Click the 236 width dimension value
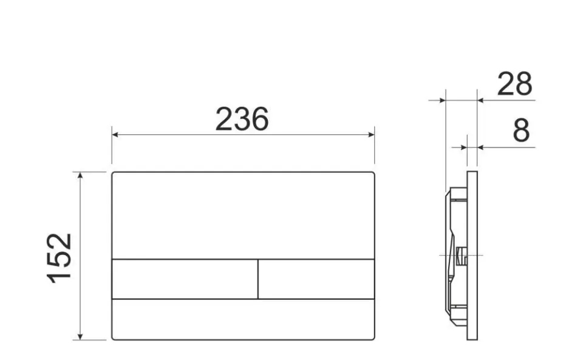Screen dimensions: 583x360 242,119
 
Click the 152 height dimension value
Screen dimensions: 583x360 59,258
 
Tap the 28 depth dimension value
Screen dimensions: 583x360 514,84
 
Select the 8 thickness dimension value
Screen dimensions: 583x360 521,131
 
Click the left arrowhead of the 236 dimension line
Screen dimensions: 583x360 115,135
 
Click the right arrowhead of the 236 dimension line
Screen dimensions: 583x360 371,135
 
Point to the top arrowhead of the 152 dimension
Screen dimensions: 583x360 80,175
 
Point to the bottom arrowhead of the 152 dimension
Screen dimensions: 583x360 80,336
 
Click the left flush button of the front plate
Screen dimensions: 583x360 185,279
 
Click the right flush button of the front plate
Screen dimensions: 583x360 316,279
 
